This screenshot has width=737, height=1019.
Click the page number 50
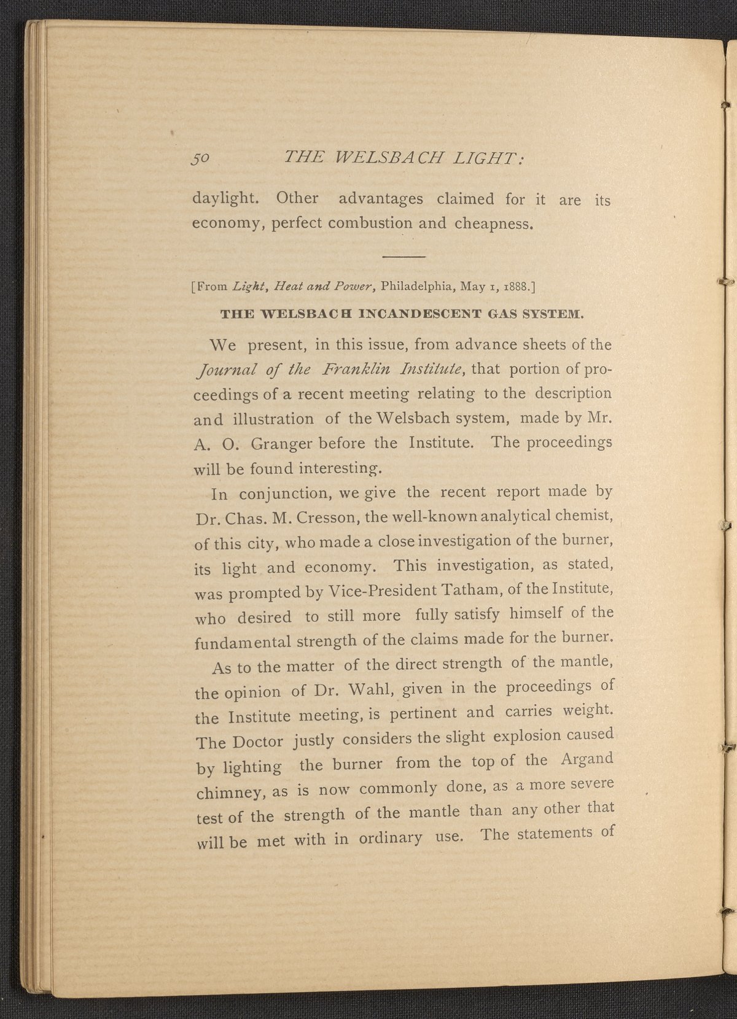coord(201,158)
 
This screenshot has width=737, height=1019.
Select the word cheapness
coord(493,223)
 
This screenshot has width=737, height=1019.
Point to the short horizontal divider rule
coord(404,255)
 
